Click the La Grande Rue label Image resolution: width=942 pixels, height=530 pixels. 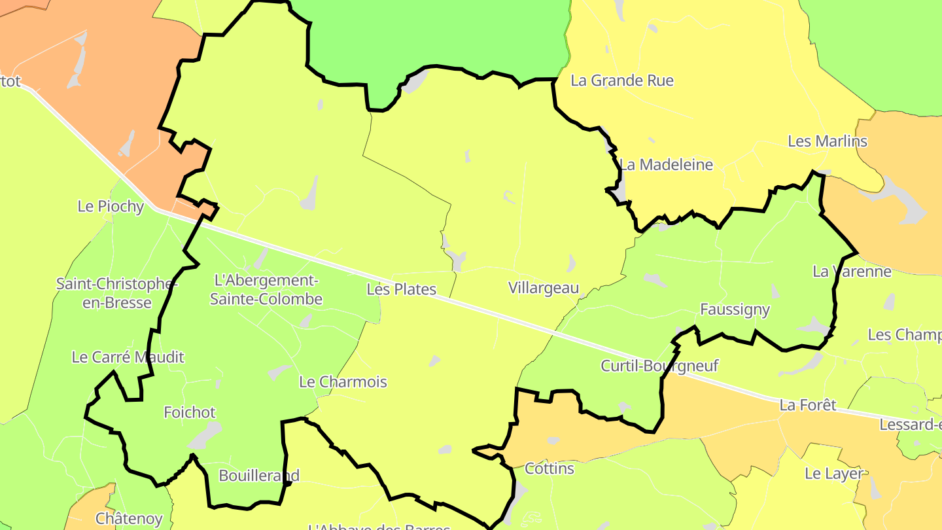tap(621, 80)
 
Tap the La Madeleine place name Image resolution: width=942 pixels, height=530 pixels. tap(666, 164)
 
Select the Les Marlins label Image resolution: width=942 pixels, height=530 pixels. tap(827, 141)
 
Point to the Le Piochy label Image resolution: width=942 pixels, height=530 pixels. tap(111, 206)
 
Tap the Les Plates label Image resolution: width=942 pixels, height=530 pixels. tap(401, 289)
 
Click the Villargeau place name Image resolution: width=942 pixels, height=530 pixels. tap(544, 288)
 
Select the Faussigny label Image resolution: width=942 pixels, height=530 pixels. tap(735, 309)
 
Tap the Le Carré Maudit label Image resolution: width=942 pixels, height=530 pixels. tap(128, 357)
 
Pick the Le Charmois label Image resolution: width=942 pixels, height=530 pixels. tap(343, 382)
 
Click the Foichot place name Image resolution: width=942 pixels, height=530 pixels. tap(190, 413)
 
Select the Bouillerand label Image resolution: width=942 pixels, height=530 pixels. tap(259, 476)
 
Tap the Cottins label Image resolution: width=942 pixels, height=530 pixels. tap(549, 469)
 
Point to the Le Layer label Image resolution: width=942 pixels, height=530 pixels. tap(833, 474)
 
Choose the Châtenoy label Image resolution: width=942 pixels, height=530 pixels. tap(129, 519)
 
